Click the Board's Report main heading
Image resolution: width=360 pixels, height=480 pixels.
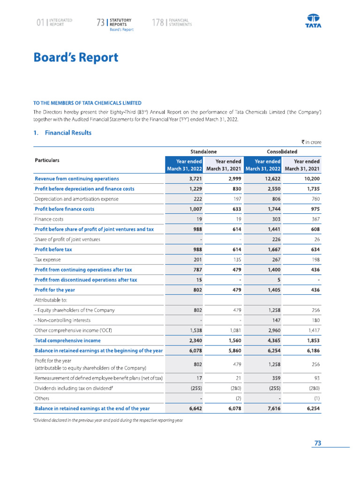(x=75, y=58)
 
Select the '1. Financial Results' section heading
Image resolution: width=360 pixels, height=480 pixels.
(x=62, y=133)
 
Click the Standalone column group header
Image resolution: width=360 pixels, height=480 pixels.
(x=203, y=151)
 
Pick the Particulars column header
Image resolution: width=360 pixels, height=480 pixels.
(x=51, y=160)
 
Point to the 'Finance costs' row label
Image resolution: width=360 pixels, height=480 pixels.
(x=49, y=219)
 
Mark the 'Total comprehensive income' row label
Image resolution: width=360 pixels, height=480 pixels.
(x=67, y=340)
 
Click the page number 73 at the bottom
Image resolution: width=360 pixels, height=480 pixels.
(x=317, y=443)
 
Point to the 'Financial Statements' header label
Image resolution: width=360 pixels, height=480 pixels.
(x=180, y=22)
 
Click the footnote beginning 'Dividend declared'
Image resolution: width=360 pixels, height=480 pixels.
(x=108, y=420)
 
